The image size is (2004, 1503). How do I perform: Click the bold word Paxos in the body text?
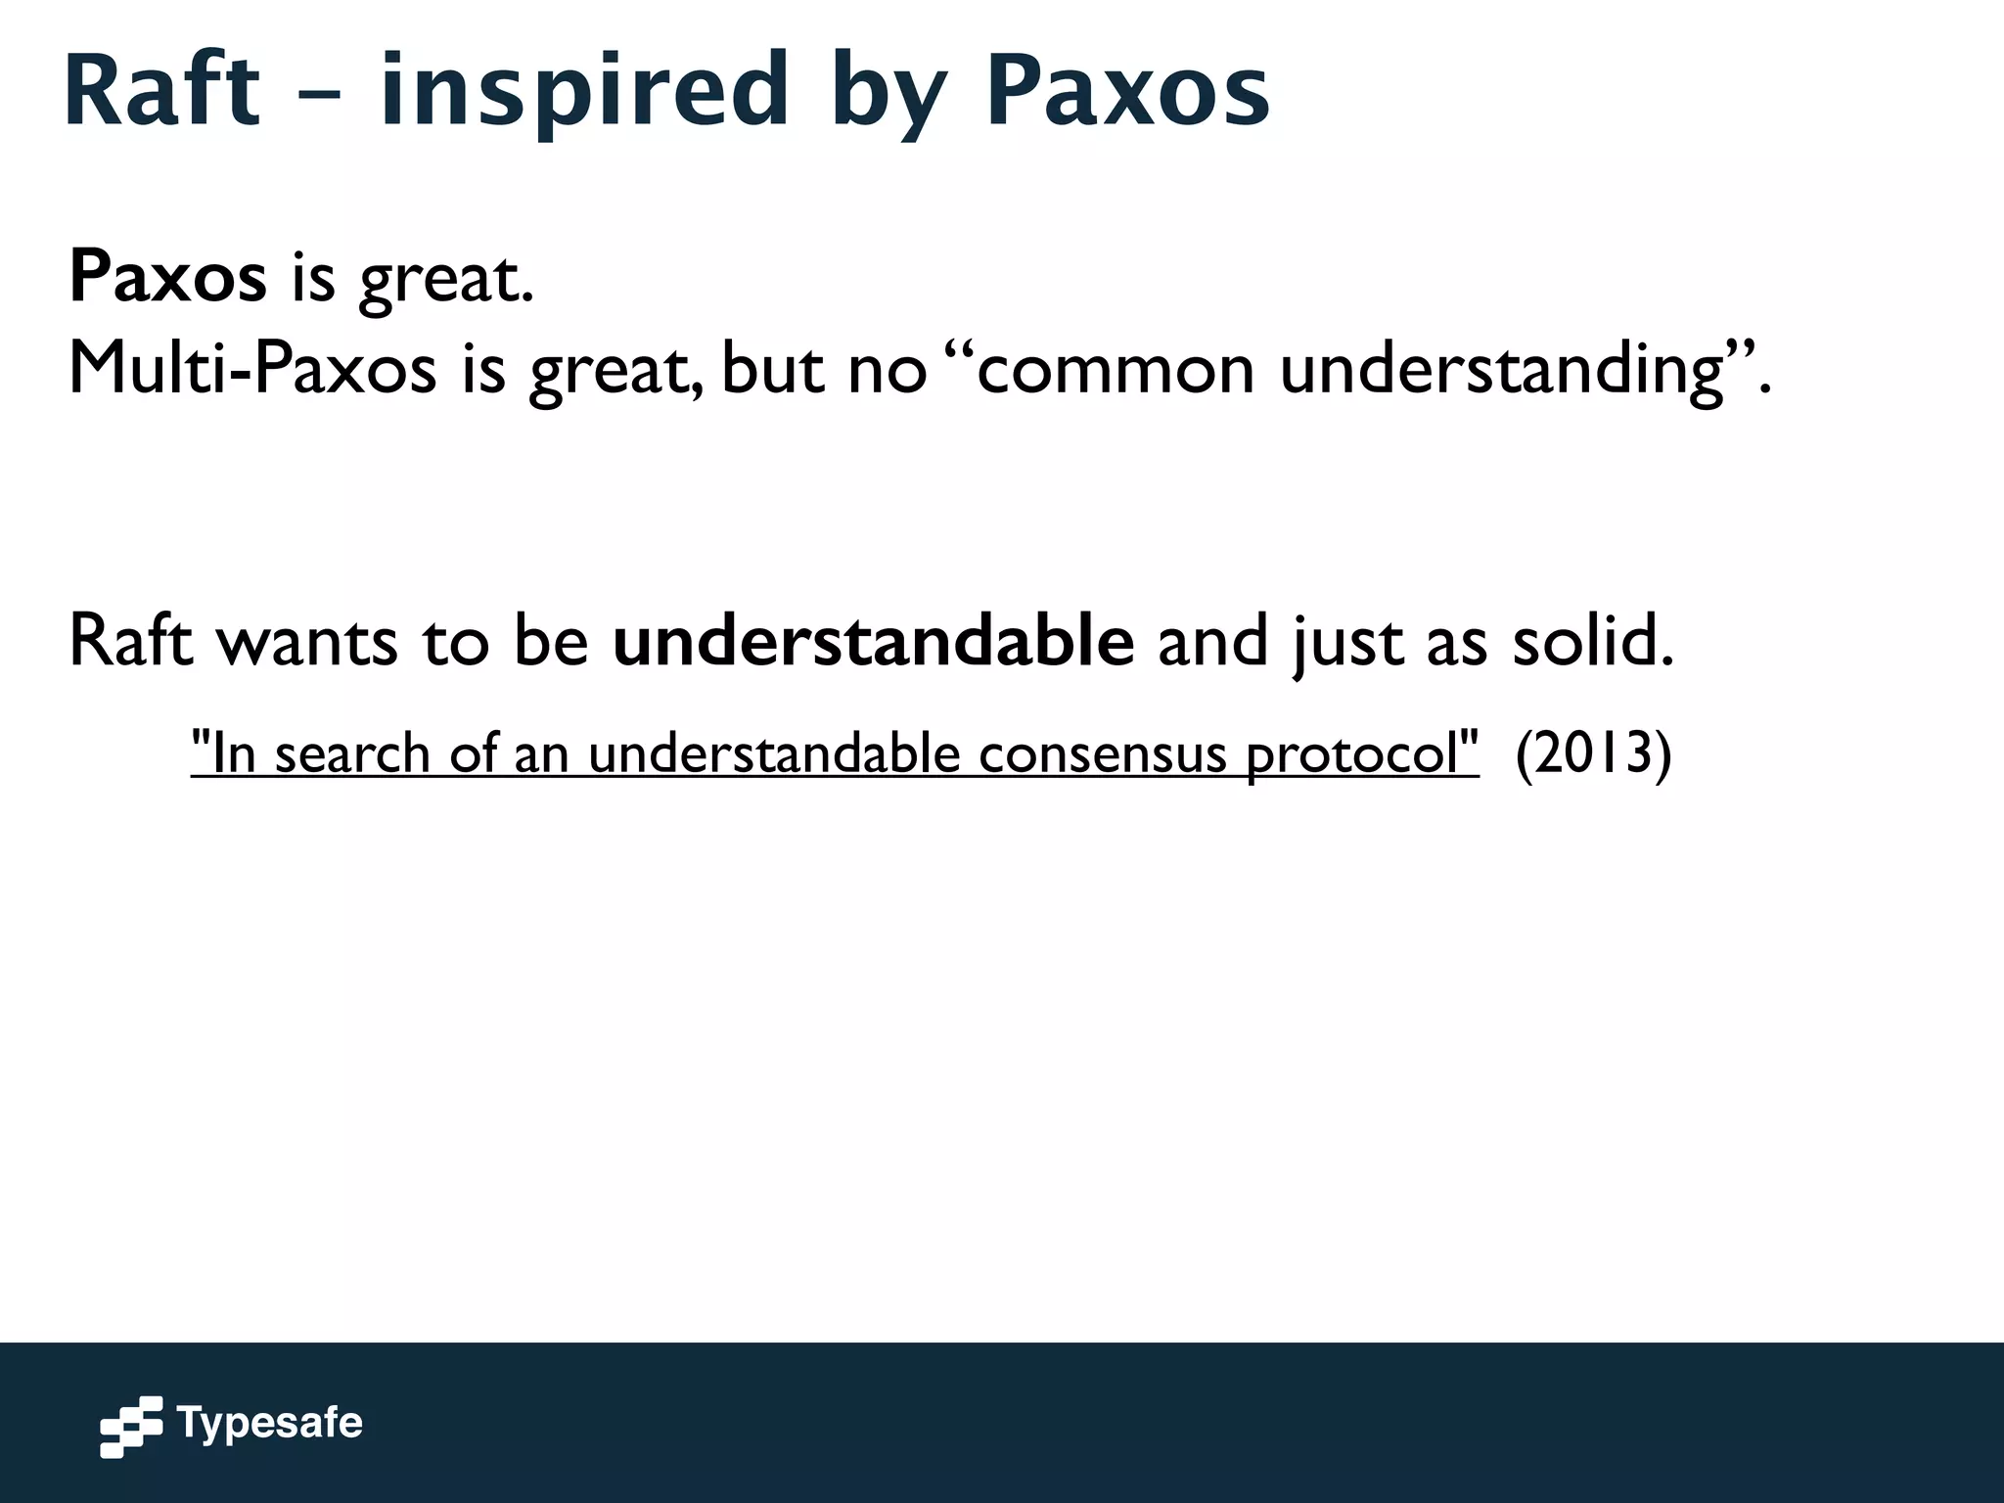pos(167,277)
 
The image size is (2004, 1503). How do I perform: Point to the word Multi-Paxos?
pos(252,369)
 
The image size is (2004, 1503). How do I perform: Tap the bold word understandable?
pos(873,641)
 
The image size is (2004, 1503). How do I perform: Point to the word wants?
pos(306,641)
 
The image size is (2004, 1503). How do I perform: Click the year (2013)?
pos(1593,753)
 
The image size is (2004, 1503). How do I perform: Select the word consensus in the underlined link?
pos(1102,753)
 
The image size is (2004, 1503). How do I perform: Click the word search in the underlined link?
pos(352,753)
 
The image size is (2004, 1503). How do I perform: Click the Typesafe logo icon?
pos(131,1427)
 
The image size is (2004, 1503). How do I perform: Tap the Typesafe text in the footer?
pos(269,1423)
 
